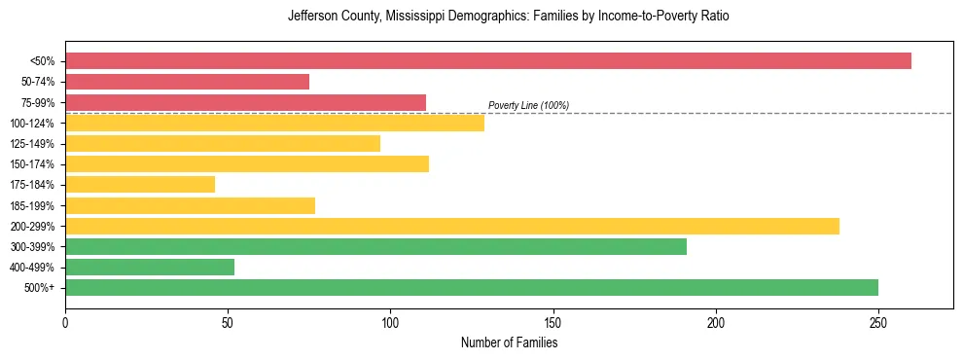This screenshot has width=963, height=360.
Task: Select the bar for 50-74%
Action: tap(187, 82)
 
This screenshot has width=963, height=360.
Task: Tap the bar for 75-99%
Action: tap(245, 102)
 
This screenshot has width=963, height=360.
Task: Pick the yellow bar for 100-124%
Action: tap(274, 123)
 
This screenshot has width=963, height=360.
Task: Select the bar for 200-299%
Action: tap(452, 226)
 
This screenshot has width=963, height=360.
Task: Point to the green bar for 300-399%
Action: tap(375, 246)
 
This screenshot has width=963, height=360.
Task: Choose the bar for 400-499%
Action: tap(150, 267)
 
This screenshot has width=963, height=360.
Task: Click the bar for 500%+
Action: tap(472, 288)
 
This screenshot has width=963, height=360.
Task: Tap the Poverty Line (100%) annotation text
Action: tap(528, 105)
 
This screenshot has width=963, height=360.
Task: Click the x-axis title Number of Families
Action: tap(509, 342)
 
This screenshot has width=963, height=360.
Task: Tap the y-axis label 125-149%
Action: tap(32, 144)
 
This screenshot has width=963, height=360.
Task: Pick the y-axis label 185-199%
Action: tap(32, 206)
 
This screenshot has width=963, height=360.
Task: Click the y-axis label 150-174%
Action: tap(32, 164)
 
